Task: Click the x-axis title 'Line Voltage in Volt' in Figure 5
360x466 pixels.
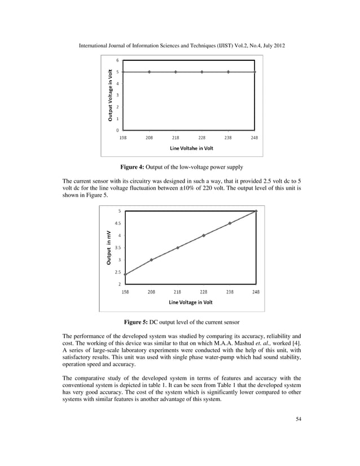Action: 191,302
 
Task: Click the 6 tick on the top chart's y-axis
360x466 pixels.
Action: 118,60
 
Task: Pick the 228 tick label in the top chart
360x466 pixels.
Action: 201,137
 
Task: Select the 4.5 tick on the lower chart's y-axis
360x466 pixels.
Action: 118,223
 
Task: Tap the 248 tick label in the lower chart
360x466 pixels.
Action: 256,292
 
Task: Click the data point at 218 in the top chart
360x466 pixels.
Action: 175,72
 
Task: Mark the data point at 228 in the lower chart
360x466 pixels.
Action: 203,235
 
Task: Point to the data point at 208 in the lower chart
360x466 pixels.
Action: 151,260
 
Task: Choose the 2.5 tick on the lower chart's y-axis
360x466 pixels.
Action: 118,271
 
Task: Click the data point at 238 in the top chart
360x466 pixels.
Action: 228,72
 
